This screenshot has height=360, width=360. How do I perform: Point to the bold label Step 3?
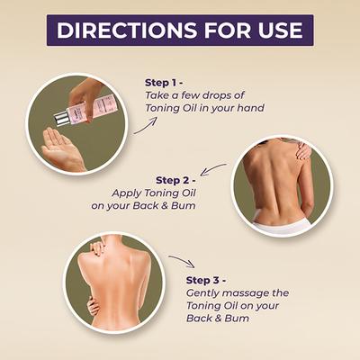[x=208, y=280]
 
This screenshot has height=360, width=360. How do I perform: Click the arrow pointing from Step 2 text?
[x=213, y=169]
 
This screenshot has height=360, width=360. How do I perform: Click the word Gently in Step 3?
[x=205, y=292]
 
